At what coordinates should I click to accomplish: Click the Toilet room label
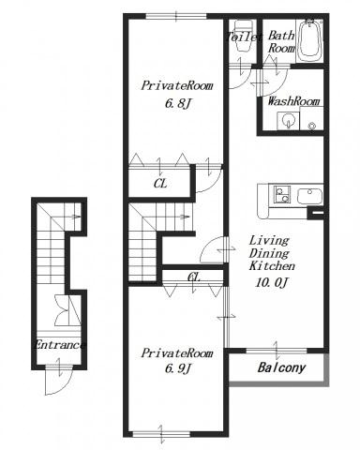[245, 37]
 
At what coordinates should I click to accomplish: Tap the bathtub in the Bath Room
[309, 40]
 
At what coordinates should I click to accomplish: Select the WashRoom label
[293, 101]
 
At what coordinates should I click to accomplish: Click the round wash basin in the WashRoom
[287, 120]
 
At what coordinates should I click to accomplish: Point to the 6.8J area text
[177, 103]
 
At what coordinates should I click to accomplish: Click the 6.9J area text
[177, 369]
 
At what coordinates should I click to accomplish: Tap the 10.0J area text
[271, 283]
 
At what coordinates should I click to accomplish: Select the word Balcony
[281, 367]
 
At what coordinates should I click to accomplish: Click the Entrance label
[59, 345]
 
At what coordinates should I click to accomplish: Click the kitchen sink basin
[309, 196]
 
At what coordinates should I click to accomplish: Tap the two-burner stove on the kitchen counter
[282, 194]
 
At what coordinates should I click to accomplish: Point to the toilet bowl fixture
[244, 36]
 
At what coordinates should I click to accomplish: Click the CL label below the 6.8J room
[160, 184]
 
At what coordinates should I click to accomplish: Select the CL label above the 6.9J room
[193, 277]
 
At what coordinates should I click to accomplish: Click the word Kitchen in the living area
[272, 266]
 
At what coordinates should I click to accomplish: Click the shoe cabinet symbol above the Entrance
[67, 310]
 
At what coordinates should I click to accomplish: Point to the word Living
[269, 241]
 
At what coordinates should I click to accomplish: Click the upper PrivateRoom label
[177, 85]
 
